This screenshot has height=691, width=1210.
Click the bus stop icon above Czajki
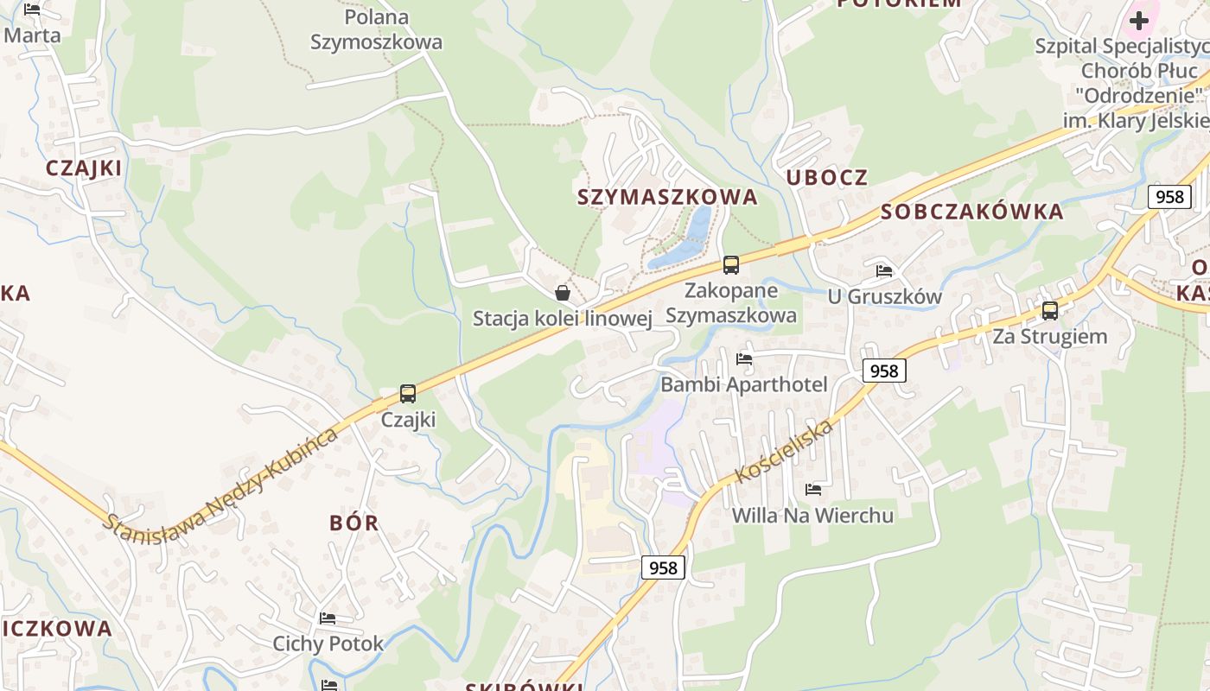[408, 394]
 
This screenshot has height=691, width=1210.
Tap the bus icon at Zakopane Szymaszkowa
[731, 265]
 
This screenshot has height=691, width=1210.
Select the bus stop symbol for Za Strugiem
[1050, 311]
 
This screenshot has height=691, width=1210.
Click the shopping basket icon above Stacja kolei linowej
[563, 293]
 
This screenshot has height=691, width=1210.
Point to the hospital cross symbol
[1139, 20]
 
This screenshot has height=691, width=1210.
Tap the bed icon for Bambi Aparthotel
[744, 359]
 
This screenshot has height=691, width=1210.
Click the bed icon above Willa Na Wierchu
[813, 490]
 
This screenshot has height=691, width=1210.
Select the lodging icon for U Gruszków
[884, 271]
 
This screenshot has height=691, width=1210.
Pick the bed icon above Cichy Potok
[328, 618]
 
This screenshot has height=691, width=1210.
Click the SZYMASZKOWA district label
[667, 197]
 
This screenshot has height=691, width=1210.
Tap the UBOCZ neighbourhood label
[827, 177]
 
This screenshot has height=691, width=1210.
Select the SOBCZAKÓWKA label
[972, 212]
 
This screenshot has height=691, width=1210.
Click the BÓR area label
[354, 523]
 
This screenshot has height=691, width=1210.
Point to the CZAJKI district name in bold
[84, 168]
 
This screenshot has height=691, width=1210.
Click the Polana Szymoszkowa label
[376, 29]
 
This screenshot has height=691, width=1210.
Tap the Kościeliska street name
[784, 451]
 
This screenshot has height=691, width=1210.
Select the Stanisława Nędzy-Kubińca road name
[220, 479]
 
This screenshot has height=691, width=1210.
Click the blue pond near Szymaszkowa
[687, 239]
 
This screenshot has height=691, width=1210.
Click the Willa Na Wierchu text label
[812, 516]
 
